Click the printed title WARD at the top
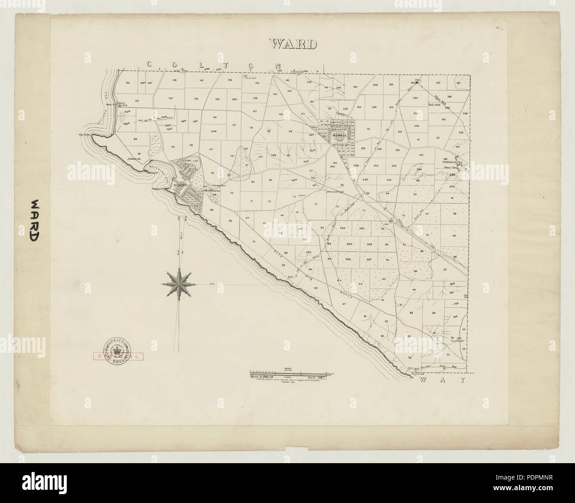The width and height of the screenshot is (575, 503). coord(294,44)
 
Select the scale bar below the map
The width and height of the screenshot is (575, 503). coord(288,373)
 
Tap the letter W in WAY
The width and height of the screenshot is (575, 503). coord(420,380)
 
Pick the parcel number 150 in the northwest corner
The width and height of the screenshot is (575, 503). coord(127,83)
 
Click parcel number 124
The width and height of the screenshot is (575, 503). coord(170,98)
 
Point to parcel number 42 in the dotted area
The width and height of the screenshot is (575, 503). coord(384,279)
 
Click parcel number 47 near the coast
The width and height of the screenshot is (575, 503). coord(343,304)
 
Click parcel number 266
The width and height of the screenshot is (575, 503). coord(348,259)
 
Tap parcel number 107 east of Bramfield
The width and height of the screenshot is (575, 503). coord(421,155)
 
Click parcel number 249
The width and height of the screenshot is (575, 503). coord(214,131)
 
